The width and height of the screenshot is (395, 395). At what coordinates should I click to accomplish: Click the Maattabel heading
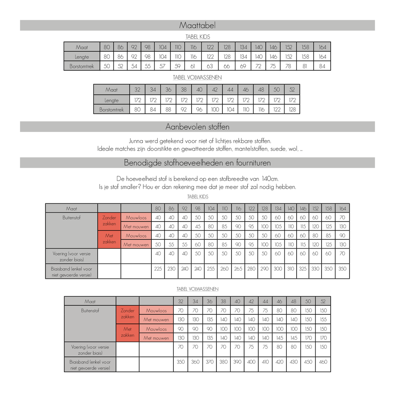coord(197,26)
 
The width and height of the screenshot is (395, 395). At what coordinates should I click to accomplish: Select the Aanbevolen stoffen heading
coord(197,127)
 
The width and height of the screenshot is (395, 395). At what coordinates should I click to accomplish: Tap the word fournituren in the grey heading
coord(251,163)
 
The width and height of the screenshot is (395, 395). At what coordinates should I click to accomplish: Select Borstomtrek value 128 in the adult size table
coord(292,109)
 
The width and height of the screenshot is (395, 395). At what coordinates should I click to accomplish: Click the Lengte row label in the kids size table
coord(82,56)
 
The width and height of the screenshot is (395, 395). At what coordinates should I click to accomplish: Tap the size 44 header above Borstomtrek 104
coord(231,90)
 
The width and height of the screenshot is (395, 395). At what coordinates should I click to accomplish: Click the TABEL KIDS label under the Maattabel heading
coord(197,37)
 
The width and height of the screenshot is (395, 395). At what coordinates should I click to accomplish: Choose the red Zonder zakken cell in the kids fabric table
coord(109,221)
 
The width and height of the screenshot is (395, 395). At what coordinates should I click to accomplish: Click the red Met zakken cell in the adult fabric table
coord(128,332)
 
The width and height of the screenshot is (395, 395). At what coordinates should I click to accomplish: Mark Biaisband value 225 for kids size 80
coord(158,269)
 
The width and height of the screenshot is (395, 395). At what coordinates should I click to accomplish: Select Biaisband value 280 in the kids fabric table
coord(252,269)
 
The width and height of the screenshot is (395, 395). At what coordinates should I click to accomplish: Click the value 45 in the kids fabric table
coord(197,227)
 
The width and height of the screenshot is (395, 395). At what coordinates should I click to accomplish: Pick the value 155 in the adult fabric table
coord(324,320)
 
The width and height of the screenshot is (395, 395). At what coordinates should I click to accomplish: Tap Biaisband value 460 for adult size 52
coord(324,362)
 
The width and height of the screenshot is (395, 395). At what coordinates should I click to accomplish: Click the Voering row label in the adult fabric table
coord(90,350)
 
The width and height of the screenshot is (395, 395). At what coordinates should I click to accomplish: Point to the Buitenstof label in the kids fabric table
coord(71,218)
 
